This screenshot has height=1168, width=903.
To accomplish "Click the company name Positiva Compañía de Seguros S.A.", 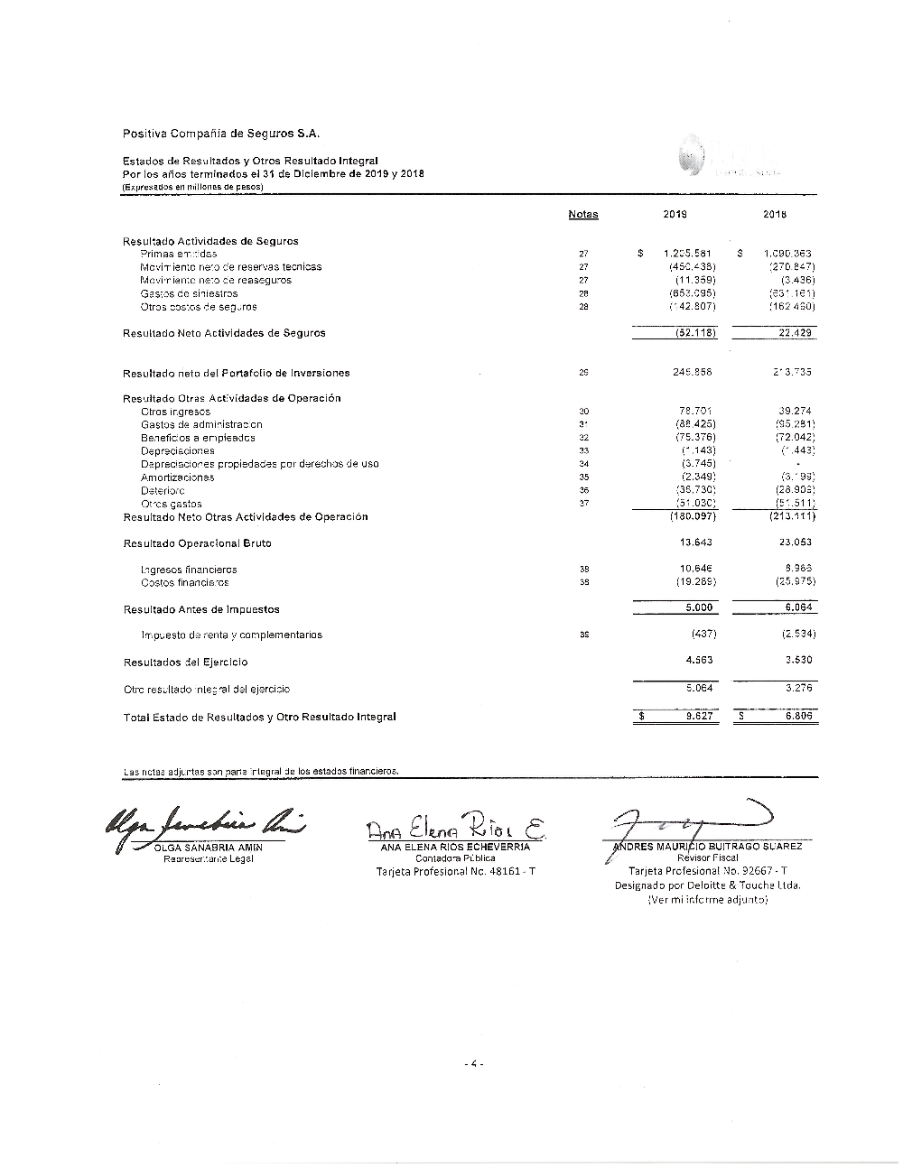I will pos(221,134).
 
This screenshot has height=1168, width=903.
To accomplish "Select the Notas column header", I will pos(583,215).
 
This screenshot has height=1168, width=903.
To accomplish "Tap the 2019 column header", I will pos(675,215).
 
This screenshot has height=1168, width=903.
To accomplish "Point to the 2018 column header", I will pos(775,215).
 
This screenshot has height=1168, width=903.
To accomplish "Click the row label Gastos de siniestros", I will pos(190,293).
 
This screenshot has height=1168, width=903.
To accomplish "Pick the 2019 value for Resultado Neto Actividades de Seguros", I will pos(695,333).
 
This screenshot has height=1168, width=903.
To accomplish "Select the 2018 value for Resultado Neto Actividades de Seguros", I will pos(795,333).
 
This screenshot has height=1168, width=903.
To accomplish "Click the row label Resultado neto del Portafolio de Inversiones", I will pos(236,373).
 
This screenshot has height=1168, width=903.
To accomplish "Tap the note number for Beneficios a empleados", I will pos(583,438).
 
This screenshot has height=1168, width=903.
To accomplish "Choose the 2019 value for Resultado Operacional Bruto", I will pos(695,542).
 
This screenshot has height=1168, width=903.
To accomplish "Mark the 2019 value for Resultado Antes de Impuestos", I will pos(698,608).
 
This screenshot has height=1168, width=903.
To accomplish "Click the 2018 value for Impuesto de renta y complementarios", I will pos(798,635).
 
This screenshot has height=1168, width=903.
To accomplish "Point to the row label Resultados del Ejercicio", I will pos(185,662).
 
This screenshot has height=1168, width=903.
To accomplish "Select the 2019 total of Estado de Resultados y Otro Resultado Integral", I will pos(699,717).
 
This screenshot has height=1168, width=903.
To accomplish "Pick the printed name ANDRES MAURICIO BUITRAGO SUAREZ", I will pos(708,847).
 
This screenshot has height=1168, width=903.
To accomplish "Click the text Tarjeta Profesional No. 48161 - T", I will pos(455,872).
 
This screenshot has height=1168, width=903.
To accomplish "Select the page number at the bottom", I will pos(474,1064).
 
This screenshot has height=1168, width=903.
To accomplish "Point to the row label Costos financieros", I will pos(184,583).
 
